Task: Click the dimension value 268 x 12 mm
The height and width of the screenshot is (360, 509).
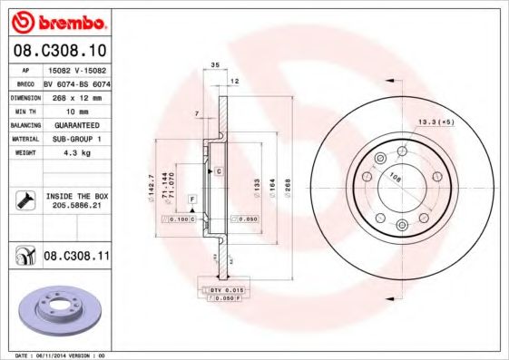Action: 75,95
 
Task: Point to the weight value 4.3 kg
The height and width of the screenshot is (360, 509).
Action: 75,152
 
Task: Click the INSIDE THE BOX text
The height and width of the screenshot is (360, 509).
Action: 77,196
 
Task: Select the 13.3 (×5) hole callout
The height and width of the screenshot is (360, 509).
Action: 436,121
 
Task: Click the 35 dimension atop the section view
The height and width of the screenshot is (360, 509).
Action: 215,65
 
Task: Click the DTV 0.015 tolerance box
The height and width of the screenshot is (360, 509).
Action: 229,288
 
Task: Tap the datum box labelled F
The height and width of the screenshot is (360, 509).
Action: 191,198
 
